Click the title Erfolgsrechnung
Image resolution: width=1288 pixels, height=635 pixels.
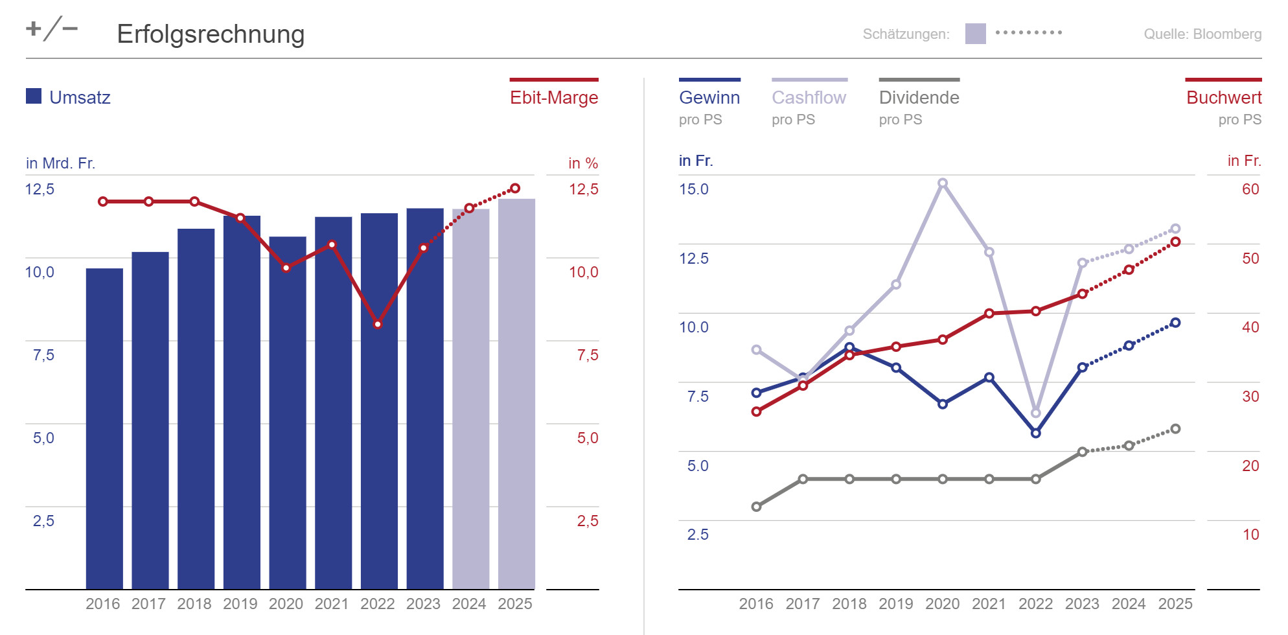coord(211,34)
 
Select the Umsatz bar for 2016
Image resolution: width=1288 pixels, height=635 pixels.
coord(104,428)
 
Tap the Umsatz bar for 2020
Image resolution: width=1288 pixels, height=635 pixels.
coord(288,415)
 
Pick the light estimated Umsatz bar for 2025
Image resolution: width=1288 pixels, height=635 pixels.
coord(516,395)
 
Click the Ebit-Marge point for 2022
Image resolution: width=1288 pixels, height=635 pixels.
coord(378,324)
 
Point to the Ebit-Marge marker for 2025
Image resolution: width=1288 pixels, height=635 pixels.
coord(515,189)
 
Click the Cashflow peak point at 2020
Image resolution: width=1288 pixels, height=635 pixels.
coord(943,183)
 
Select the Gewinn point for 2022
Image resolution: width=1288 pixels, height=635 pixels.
coord(1035,433)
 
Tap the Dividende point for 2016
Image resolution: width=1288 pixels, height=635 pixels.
coord(756,507)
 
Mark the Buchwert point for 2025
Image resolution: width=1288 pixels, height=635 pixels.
coord(1175,242)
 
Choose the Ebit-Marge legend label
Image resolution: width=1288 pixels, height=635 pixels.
coord(554,97)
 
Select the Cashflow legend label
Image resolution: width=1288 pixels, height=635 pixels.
coord(809,97)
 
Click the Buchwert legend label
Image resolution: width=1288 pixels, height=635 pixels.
coord(1224,97)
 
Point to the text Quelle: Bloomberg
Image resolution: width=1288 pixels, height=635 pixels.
coord(1202,34)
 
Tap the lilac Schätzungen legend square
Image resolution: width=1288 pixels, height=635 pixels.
coord(975,34)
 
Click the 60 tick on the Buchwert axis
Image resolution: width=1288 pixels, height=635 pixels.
coord(1250,189)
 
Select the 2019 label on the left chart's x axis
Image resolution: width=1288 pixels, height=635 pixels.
coord(240,604)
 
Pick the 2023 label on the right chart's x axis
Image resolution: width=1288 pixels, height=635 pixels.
coord(1082,604)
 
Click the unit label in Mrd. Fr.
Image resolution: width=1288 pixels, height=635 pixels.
coord(60,163)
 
